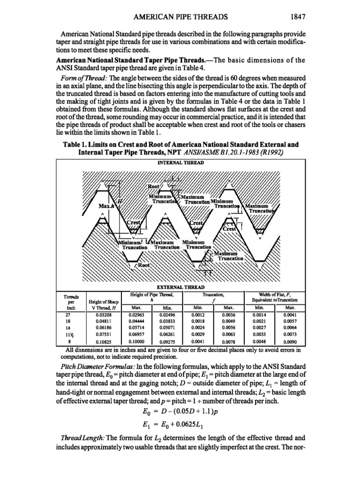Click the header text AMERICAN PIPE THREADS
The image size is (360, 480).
[180, 17]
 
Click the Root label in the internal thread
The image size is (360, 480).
[154, 186]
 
